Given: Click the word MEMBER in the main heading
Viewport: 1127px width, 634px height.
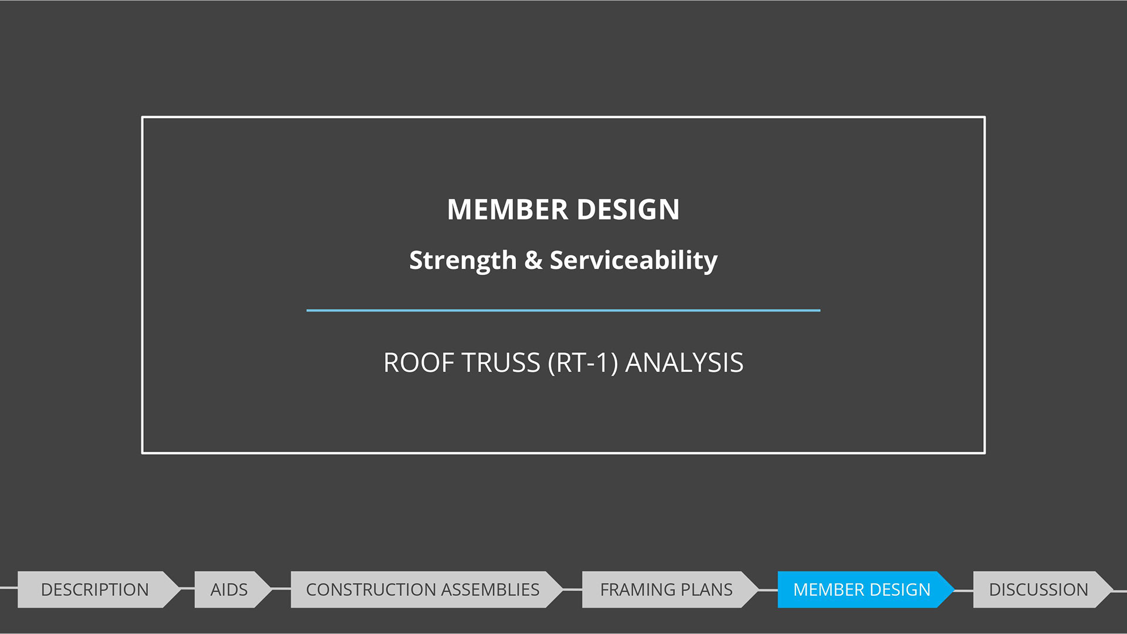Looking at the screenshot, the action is pyautogui.click(x=507, y=210).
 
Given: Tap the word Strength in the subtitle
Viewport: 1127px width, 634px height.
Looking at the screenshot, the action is pyautogui.click(x=463, y=260).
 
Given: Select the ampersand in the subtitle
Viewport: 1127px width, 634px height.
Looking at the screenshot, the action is pyautogui.click(x=533, y=260).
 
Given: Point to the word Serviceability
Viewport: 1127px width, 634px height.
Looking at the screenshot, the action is pyautogui.click(x=633, y=260).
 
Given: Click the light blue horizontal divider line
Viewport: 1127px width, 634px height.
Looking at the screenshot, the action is pyautogui.click(x=563, y=310).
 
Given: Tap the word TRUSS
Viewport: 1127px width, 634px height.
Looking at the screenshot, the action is pyautogui.click(x=501, y=363).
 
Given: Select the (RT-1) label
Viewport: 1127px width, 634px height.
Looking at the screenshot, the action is pyautogui.click(x=583, y=363).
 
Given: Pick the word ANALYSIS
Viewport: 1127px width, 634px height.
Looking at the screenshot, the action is pyautogui.click(x=684, y=363).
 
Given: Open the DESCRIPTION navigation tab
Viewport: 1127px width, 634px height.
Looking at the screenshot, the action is pyautogui.click(x=95, y=589).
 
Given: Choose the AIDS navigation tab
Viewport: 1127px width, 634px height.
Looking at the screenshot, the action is pyautogui.click(x=229, y=589).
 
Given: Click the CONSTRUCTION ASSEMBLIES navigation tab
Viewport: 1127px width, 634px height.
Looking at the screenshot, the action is pyautogui.click(x=423, y=589).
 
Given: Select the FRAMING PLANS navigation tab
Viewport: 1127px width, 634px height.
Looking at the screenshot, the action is pyautogui.click(x=666, y=589).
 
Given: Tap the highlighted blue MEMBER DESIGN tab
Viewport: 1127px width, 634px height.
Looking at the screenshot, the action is pyautogui.click(x=862, y=589).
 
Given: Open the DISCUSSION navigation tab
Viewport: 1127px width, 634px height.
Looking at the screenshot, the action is pyautogui.click(x=1038, y=589).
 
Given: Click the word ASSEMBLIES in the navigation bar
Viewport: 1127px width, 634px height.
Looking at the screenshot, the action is pyautogui.click(x=490, y=589).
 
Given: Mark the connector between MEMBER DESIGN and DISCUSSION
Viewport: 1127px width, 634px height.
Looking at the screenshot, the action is pyautogui.click(x=964, y=591).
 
